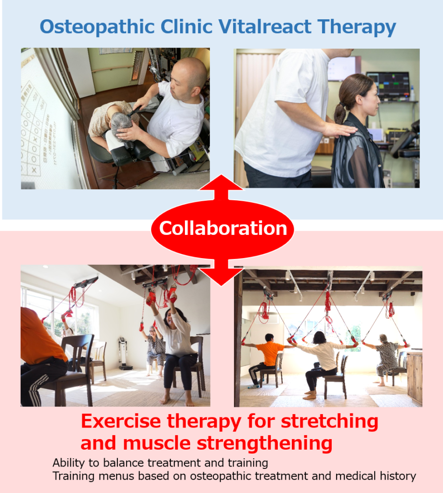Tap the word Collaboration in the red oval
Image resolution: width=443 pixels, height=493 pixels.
tap(223, 228)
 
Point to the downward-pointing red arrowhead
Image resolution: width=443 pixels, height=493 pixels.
tap(221, 276)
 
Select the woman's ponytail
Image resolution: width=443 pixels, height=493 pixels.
tap(340, 112)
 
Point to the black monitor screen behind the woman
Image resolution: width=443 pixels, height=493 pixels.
tap(388, 84)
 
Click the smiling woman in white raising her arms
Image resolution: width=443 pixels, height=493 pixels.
tap(174, 349)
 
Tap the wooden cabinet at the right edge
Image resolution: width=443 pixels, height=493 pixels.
tap(415, 377)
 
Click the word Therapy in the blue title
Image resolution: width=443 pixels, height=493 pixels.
tap(356, 27)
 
